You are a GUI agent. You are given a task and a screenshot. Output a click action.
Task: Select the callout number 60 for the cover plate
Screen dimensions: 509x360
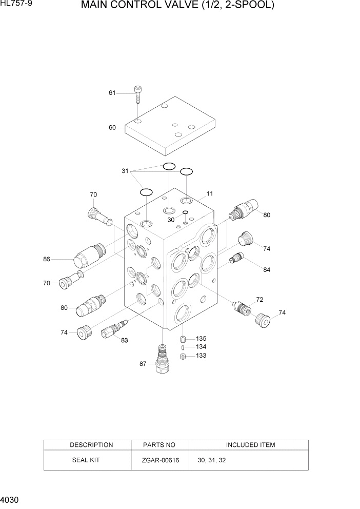(112, 128)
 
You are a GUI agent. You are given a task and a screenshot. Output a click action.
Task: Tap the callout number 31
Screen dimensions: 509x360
(125, 171)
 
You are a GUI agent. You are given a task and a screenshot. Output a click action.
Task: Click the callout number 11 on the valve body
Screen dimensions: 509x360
(210, 193)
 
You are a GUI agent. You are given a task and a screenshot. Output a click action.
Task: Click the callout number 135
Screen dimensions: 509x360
(201, 339)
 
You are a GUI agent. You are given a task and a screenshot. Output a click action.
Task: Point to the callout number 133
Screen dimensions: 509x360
(201, 356)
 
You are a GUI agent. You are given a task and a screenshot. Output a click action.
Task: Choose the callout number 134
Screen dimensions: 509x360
(201, 347)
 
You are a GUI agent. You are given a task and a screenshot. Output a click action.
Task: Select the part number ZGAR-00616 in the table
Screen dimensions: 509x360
(160, 460)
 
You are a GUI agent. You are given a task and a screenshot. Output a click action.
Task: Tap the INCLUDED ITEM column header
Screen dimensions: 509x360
(250, 445)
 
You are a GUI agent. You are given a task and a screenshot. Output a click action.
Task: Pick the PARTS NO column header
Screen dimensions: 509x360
(160, 445)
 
